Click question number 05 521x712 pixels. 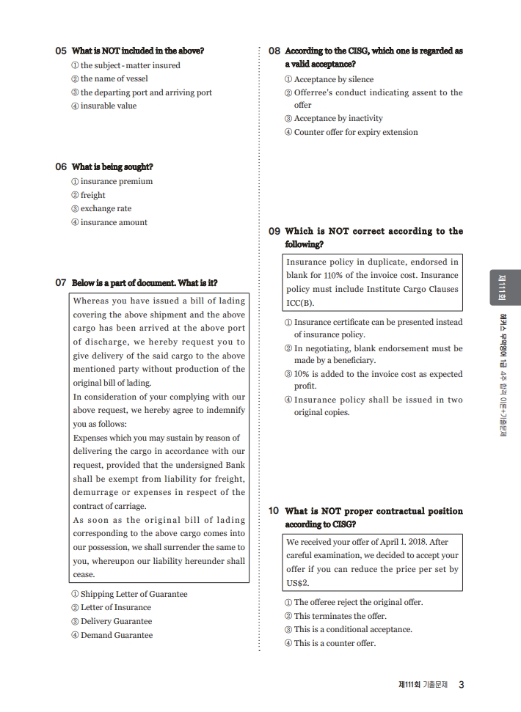(61, 51)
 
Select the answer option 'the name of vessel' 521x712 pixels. (114, 78)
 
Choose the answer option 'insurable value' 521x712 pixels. (108, 106)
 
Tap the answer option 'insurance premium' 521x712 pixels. (116, 181)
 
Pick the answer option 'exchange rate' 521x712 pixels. (106, 208)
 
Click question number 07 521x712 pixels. (61, 283)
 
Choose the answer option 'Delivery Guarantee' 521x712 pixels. (116, 621)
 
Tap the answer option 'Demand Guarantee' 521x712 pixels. (116, 635)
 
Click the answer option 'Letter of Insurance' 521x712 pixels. (115, 607)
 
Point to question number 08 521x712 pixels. (274, 51)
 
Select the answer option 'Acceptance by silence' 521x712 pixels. (333, 79)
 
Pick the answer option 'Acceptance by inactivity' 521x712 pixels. (338, 118)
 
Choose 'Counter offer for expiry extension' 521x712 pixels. (356, 132)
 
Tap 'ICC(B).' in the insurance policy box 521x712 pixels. (299, 303)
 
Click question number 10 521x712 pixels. (274, 511)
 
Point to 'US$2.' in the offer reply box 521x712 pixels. (298, 583)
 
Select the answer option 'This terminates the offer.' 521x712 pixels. (340, 616)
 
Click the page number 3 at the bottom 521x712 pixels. (461, 685)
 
